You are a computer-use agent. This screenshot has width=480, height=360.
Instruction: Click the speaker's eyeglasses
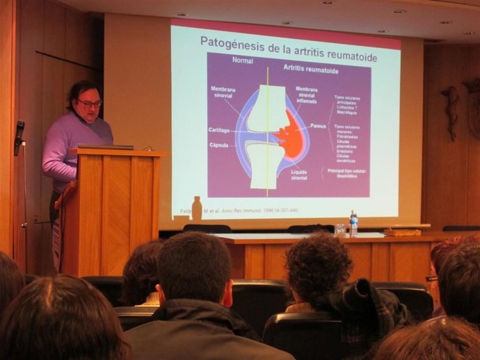[x=90, y=104]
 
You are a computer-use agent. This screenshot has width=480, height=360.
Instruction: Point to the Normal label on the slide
[x=242, y=60]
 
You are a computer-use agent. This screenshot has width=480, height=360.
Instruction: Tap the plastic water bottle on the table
[x=353, y=223]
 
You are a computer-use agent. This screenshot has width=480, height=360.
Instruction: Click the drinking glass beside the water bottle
[x=339, y=229]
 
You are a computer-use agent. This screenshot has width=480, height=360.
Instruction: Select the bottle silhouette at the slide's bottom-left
[x=197, y=208]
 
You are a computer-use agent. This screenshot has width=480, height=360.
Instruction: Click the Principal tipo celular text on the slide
[x=348, y=172]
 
